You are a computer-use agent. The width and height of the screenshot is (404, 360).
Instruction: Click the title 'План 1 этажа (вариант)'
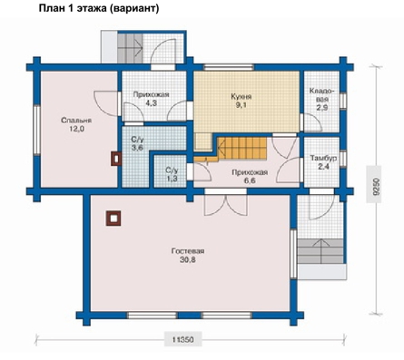tap(99, 8)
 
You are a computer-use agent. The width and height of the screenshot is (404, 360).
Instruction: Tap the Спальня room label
tap(76, 121)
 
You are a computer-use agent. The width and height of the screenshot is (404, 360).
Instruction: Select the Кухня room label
tap(241, 97)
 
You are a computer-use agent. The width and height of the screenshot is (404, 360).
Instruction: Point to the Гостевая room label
tap(188, 251)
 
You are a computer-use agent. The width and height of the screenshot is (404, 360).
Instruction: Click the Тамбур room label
tap(323, 159)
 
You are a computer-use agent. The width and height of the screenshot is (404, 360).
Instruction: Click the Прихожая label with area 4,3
tap(151, 94)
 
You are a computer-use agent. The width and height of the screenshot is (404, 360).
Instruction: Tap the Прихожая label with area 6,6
tap(250, 172)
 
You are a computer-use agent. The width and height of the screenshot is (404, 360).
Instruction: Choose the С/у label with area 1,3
tap(172, 170)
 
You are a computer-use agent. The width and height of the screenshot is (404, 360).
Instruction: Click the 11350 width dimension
tap(183, 340)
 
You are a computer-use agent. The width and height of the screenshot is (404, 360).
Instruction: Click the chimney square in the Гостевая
tap(113, 219)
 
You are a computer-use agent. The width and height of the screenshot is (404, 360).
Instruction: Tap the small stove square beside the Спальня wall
tap(116, 158)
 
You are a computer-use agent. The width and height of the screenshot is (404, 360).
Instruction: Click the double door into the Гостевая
tap(226, 205)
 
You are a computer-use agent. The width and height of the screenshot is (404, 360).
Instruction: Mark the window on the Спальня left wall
tap(36, 130)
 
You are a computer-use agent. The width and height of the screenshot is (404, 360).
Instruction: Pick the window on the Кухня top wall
tap(229, 67)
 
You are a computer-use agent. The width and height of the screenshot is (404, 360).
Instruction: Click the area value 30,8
tap(188, 259)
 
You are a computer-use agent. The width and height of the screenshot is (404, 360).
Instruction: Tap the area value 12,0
tap(76, 129)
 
